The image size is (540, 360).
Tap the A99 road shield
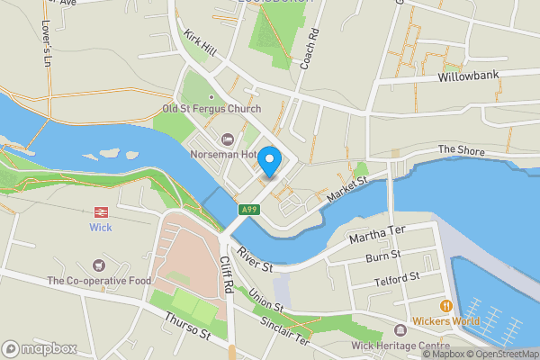(249, 209)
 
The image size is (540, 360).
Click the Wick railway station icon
(101, 212)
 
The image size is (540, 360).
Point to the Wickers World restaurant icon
(445, 306)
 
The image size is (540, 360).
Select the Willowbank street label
(467, 77)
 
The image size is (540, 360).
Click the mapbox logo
(38, 347)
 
